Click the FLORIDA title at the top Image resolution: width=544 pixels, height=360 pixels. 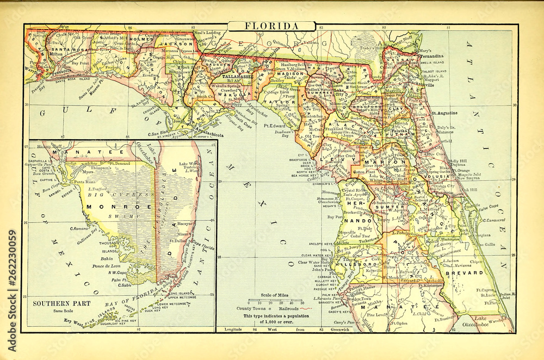270,26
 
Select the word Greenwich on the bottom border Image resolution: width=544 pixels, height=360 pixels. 342,330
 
